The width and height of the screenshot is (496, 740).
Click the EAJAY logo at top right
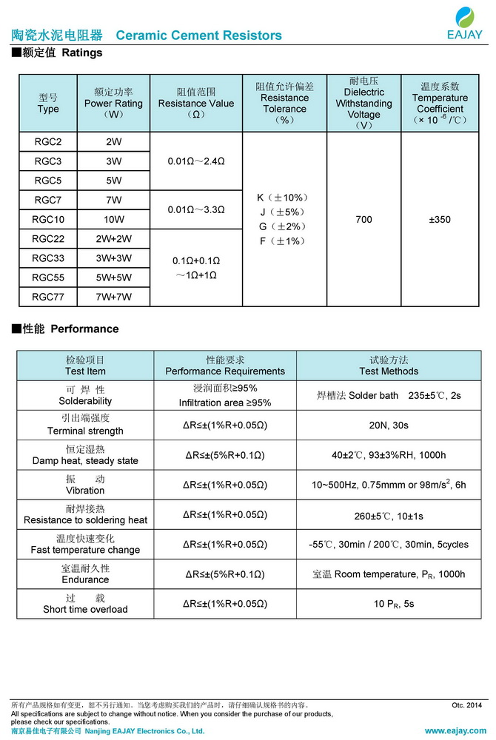coord(465,23)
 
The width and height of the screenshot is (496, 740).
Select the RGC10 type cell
coord(48,219)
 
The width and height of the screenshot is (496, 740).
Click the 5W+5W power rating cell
coord(114,277)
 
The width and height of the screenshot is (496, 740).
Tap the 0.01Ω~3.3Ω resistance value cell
coord(196,209)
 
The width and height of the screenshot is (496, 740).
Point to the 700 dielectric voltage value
coord(363,219)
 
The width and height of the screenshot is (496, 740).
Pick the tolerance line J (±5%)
coord(284,212)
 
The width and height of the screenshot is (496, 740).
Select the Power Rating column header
coord(114,104)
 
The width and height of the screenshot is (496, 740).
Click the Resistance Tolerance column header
coord(284,103)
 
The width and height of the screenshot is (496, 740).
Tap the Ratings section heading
coord(58,53)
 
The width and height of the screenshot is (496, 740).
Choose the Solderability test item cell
coord(85,395)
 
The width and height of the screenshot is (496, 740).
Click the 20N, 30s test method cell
coord(389,425)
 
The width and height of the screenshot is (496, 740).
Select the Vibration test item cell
coord(85,485)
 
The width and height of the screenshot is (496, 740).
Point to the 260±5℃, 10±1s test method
coord(389,515)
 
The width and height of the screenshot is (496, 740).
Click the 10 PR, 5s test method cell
coord(389,604)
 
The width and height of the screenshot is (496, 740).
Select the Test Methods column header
coord(389,365)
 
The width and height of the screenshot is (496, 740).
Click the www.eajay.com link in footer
coord(456,730)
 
